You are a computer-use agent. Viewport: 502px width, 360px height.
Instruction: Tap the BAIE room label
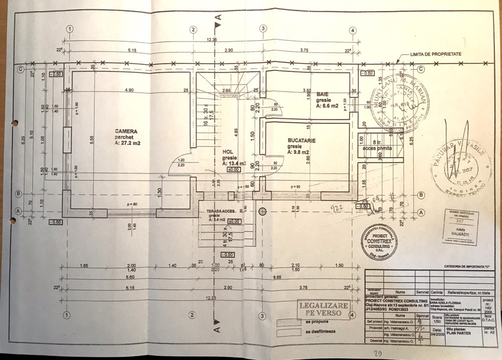[x=322, y=94]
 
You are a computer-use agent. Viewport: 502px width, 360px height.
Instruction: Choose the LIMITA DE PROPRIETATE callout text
[x=435, y=53]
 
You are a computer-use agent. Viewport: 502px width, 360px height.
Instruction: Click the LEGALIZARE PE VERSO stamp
[x=323, y=309]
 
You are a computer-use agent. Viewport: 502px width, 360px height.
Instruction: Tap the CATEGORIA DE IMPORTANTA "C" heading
[x=466, y=267]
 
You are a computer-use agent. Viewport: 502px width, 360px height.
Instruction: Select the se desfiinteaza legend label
[x=321, y=331]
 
